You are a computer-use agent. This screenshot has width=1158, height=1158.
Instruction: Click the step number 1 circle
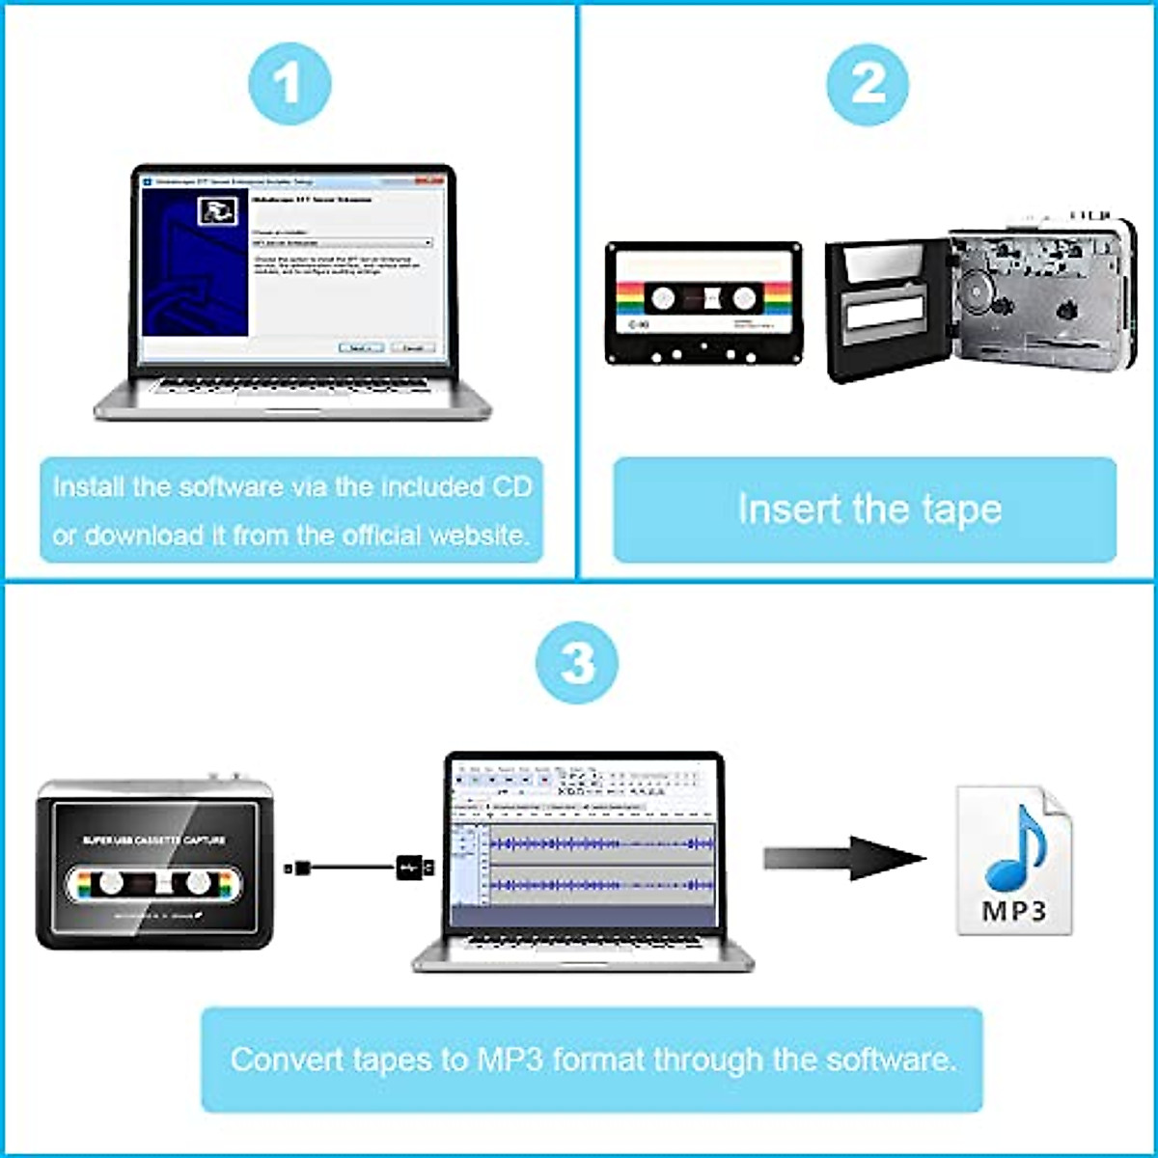pos(289,84)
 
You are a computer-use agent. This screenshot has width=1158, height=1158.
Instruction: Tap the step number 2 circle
pos(868,84)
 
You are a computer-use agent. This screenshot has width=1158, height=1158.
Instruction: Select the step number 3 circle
pos(577,663)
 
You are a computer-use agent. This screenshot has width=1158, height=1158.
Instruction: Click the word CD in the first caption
pos(510,487)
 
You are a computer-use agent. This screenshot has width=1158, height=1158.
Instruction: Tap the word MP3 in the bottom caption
pos(510,1060)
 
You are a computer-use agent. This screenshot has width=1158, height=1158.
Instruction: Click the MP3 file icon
pos(1013,860)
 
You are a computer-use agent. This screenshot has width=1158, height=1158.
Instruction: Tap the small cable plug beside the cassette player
pos(299,868)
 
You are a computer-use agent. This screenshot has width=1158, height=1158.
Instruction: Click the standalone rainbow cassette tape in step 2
pos(703,303)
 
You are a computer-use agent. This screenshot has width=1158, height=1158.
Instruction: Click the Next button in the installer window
pos(361,347)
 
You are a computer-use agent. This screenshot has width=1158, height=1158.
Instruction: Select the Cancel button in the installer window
pos(412,347)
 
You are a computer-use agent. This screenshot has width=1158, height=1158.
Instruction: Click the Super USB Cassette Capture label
pos(153,841)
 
